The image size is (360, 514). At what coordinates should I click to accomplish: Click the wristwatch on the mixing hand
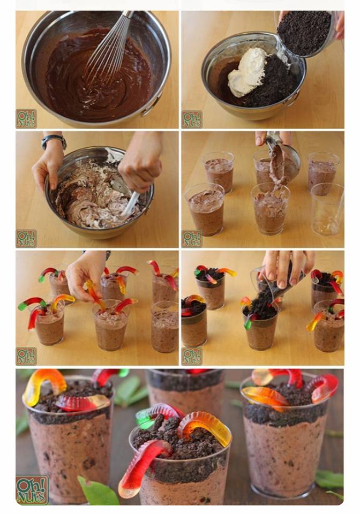54,141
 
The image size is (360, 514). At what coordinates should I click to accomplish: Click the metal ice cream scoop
282,154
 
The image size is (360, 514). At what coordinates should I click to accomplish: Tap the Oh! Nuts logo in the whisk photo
26,119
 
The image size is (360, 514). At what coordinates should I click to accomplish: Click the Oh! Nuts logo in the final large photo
32,490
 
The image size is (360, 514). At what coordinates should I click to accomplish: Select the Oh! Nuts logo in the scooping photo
192,239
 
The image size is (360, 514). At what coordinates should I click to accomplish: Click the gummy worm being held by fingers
95,295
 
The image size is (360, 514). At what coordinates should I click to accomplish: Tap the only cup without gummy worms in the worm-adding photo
164,327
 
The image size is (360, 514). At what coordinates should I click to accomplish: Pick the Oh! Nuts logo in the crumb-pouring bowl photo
192,119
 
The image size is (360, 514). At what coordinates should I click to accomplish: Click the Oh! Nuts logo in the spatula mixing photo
26,238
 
